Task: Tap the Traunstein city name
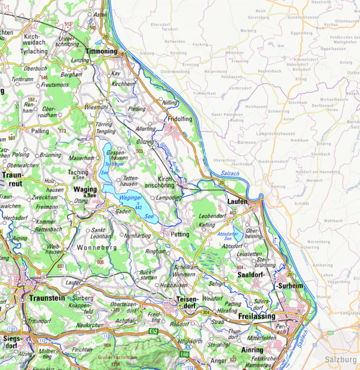[x=47, y=298]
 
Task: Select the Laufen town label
[x=238, y=202]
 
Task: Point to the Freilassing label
[x=257, y=317]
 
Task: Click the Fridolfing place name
[x=179, y=119]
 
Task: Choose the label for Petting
[x=181, y=234]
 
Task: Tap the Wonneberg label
[x=96, y=248]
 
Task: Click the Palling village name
[x=40, y=131]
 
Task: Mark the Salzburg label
[x=340, y=359]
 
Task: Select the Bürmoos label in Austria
[x=246, y=142]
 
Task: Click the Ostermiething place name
[x=175, y=72]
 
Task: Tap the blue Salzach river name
[x=229, y=174]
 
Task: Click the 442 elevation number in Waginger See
[x=138, y=207]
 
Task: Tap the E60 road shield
[x=185, y=354]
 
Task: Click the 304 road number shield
[x=206, y=312]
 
